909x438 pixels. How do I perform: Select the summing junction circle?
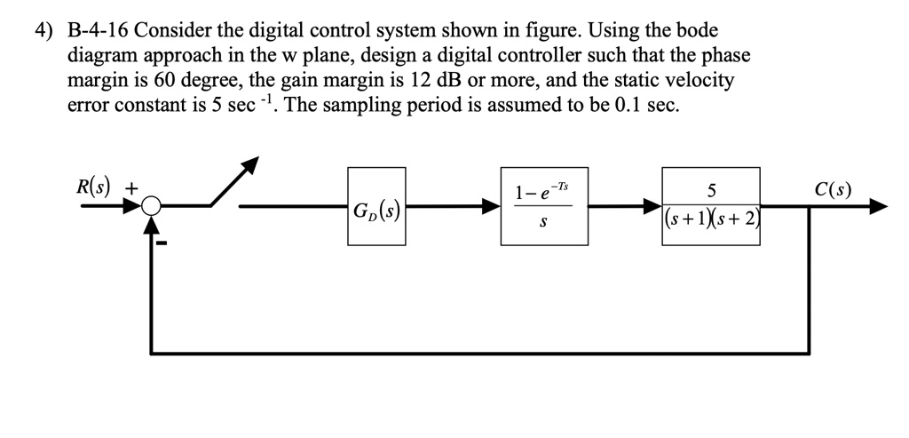pos(153,207)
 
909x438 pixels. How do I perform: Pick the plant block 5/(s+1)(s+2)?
pos(710,206)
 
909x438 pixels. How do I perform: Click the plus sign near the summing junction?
pos(131,188)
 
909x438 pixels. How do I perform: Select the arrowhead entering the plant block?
pos(653,207)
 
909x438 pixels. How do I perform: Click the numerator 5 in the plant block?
pos(710,190)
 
